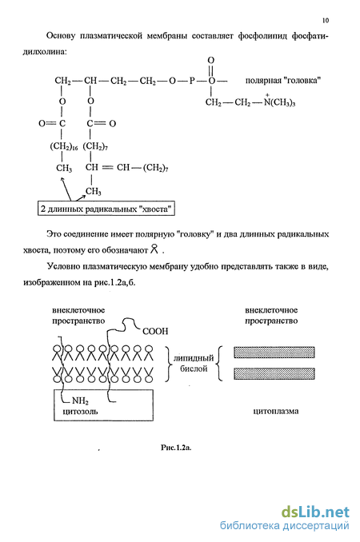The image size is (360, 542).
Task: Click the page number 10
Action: [326, 21]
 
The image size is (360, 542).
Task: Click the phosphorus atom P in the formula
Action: [192, 81]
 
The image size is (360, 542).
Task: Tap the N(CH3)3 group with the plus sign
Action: [279, 102]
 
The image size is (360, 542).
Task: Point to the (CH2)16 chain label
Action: [64, 146]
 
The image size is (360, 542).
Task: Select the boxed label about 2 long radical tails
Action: [106, 209]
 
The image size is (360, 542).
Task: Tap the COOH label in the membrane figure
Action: [155, 331]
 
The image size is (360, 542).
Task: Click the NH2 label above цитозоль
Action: [80, 401]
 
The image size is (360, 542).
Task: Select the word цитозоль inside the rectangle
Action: [80, 412]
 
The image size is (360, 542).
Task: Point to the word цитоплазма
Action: [276, 411]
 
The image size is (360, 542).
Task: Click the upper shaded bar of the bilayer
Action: [274, 353]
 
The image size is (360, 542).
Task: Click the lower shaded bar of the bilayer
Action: [274, 373]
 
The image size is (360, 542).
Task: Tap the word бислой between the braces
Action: [194, 369]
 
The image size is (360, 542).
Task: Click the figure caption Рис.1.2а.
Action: [176, 448]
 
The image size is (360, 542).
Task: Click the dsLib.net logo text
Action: [315, 512]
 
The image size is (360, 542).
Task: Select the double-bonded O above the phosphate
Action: [211, 61]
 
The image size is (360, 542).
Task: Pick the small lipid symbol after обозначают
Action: [154, 249]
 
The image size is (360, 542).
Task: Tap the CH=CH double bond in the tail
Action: [107, 168]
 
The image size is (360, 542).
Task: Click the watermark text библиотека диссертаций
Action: [284, 526]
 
